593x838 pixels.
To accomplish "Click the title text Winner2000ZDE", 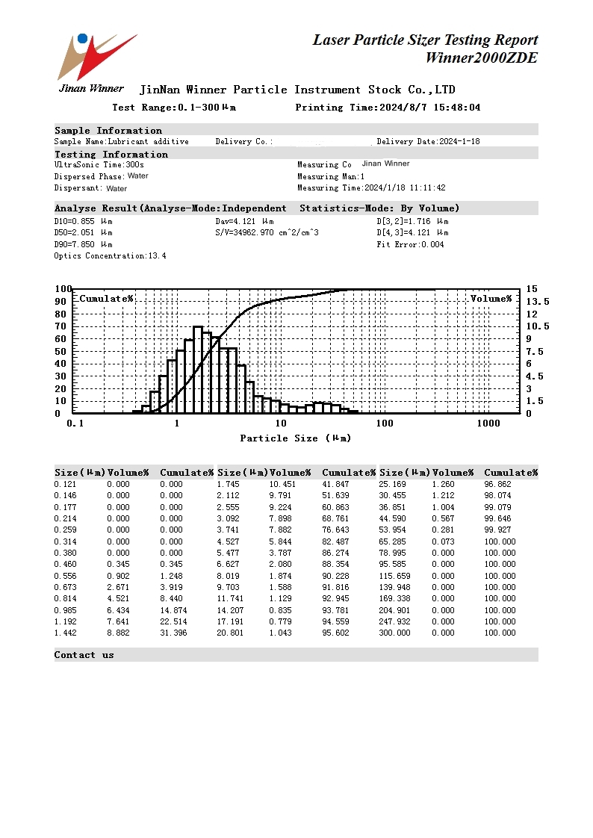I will click(x=481, y=58).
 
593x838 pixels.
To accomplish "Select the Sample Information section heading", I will click(x=108, y=131).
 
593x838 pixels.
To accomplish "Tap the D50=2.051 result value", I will click(x=83, y=232).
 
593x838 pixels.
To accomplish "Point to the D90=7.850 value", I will click(x=83, y=244).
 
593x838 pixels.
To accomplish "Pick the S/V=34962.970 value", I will click(x=267, y=232).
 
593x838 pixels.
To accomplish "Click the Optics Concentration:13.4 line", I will click(x=110, y=256).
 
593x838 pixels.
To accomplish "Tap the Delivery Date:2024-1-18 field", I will click(x=428, y=141).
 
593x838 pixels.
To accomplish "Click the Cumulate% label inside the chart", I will click(x=106, y=299).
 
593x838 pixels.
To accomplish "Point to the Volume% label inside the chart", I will click(x=491, y=299).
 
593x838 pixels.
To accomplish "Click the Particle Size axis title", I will click(x=295, y=438).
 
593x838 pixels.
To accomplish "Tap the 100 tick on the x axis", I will click(x=384, y=423).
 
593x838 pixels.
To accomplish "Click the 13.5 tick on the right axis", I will click(x=537, y=301).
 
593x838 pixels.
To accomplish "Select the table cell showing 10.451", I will click(x=282, y=484).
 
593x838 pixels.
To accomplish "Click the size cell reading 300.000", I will click(x=394, y=633).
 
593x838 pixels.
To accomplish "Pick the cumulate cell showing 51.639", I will click(x=335, y=495).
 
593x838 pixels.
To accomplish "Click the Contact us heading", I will click(x=84, y=655).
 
